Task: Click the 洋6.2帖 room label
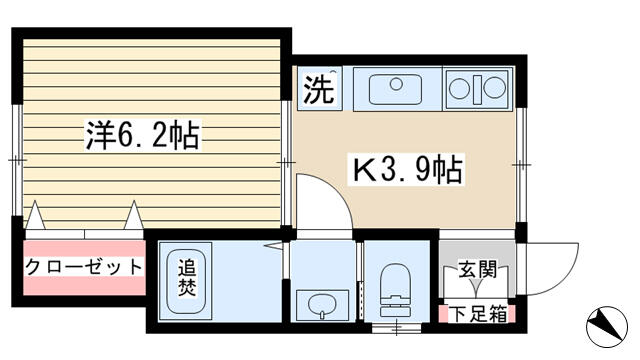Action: (142, 135)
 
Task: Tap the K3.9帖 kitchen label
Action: (407, 169)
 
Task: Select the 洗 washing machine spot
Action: (320, 89)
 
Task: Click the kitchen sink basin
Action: (396, 89)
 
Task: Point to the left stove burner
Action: (459, 88)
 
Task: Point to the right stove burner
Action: (495, 88)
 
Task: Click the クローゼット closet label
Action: (84, 267)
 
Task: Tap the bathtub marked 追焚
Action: (186, 281)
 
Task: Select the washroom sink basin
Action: (322, 305)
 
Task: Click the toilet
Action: (395, 290)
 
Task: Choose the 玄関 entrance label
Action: (477, 269)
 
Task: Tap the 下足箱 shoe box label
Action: (478, 314)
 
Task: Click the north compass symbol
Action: (607, 327)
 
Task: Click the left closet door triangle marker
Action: (36, 215)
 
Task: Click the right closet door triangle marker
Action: (134, 215)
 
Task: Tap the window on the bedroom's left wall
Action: (17, 160)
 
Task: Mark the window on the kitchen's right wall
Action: (521, 165)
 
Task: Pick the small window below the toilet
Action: (396, 327)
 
